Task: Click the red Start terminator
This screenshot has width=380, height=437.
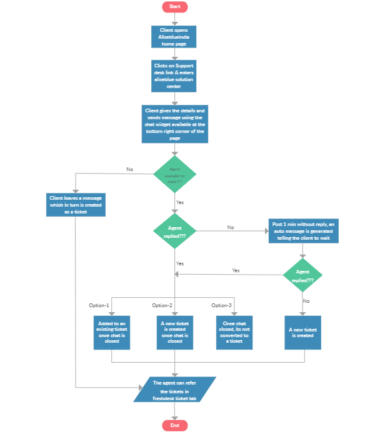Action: click(x=174, y=7)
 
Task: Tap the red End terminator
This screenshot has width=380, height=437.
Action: click(x=174, y=425)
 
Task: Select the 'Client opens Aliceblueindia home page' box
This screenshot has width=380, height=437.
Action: click(x=174, y=37)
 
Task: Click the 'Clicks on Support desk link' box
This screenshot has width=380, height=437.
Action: click(x=174, y=75)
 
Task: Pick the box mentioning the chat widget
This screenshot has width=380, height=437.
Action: click(x=174, y=124)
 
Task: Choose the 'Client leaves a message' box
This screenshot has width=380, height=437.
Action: click(x=76, y=205)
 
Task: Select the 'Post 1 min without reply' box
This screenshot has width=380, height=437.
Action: click(x=304, y=230)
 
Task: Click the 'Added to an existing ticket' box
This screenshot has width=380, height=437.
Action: click(x=111, y=331)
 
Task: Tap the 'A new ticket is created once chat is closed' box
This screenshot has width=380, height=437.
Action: click(x=174, y=331)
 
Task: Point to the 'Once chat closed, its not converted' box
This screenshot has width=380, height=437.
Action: click(x=234, y=331)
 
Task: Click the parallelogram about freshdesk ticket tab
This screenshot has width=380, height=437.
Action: click(x=174, y=389)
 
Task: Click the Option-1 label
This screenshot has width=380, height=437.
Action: click(x=99, y=305)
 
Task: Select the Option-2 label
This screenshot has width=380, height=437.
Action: click(x=162, y=305)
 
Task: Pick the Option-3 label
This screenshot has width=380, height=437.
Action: click(x=221, y=305)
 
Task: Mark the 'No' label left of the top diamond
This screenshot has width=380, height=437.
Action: click(x=129, y=169)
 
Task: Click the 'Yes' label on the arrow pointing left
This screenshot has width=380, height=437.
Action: click(x=236, y=270)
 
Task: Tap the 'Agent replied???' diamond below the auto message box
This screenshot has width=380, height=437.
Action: click(x=303, y=275)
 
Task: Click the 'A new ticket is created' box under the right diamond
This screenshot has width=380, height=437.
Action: click(x=304, y=331)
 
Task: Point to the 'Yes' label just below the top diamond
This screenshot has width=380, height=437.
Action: click(x=180, y=202)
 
